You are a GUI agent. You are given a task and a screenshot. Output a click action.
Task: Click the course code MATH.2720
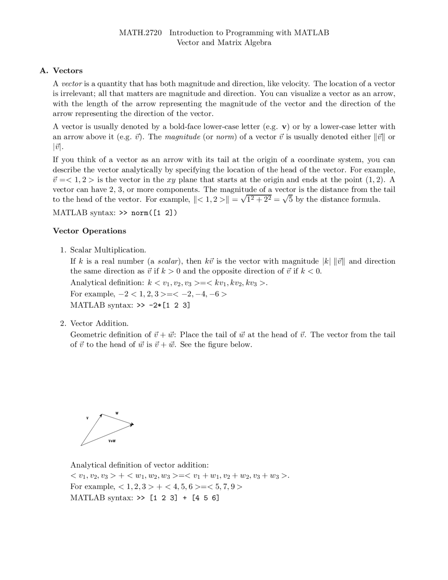pyautogui.click(x=140, y=33)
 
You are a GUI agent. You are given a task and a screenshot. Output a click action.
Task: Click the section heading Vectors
pyautogui.click(x=68, y=71)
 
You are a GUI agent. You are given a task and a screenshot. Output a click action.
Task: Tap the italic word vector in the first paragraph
pyautogui.click(x=72, y=84)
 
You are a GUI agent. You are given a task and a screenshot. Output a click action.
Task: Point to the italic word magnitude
pyautogui.click(x=182, y=137)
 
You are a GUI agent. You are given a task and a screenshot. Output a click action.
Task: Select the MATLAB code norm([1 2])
pyautogui.click(x=154, y=213)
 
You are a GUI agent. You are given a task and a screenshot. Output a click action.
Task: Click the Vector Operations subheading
pyautogui.click(x=89, y=231)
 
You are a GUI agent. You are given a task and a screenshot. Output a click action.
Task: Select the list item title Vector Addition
pyautogui.click(x=99, y=323)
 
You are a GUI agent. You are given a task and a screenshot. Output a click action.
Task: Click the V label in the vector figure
pyautogui.click(x=87, y=418)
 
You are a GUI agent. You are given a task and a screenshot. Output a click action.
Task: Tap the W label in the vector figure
pyautogui.click(x=117, y=413)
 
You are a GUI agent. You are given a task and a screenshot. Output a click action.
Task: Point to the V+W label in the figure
pyautogui.click(x=112, y=441)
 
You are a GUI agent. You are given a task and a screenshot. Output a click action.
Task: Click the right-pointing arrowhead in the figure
pyautogui.click(x=132, y=425)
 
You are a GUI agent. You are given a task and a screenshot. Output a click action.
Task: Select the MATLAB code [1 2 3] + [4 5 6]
pyautogui.click(x=184, y=498)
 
